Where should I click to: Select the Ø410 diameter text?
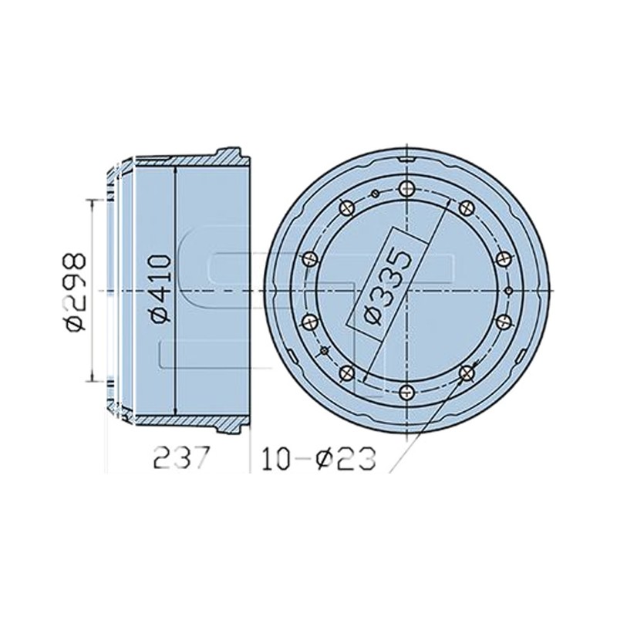click(160, 288)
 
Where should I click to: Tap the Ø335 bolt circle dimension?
click(387, 287)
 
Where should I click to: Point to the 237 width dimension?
click(181, 458)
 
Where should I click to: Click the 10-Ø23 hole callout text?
click(319, 458)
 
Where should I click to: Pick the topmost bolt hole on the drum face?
click(407, 188)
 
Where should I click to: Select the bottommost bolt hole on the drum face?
click(407, 392)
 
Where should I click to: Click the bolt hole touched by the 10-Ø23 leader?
click(467, 373)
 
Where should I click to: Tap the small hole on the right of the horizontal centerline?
click(508, 291)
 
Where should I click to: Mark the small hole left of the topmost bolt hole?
click(375, 194)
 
